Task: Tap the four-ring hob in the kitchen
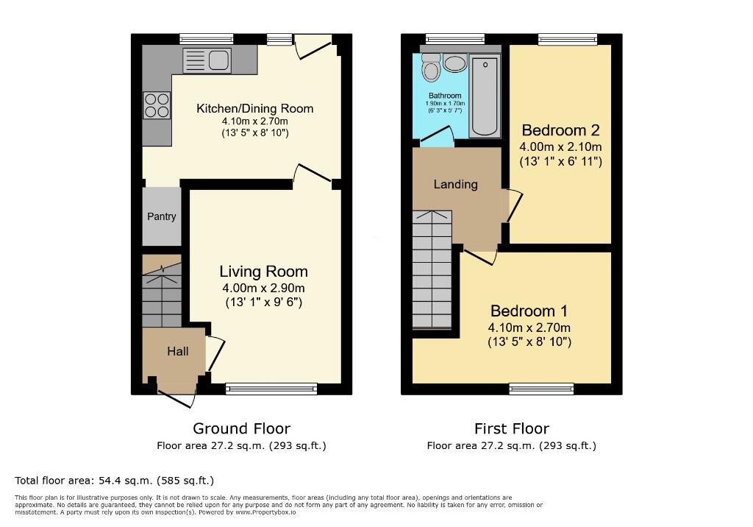pyautogui.click(x=157, y=105)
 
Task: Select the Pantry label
pyautogui.click(x=162, y=216)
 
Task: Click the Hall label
pyautogui.click(x=177, y=352)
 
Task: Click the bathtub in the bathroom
pyautogui.click(x=484, y=96)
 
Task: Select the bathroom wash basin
pyautogui.click(x=455, y=63)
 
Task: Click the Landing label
pyautogui.click(x=455, y=184)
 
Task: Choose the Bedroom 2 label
pyautogui.click(x=560, y=130)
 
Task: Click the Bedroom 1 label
pyautogui.click(x=529, y=311)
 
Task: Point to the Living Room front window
pyautogui.click(x=271, y=388)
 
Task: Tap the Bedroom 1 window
pyautogui.click(x=542, y=388)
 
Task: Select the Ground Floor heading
pyautogui.click(x=241, y=428)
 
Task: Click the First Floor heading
pyautogui.click(x=511, y=428)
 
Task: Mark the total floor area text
pyautogui.click(x=114, y=481)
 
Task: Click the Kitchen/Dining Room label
pyautogui.click(x=254, y=109)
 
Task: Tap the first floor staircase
pyautogui.click(x=432, y=272)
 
